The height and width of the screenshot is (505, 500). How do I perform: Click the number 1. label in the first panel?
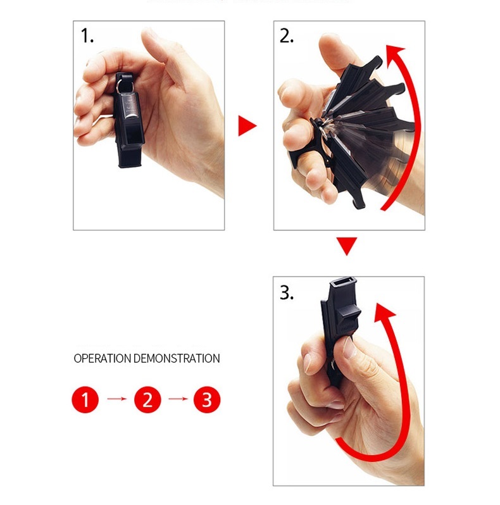pyautogui.click(x=87, y=37)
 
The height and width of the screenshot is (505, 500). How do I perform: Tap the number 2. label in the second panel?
pyautogui.click(x=287, y=37)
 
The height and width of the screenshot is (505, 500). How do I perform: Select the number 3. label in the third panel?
pyautogui.click(x=287, y=293)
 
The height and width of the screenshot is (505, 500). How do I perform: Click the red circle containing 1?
pyautogui.click(x=85, y=399)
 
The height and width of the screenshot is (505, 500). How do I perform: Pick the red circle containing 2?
pyautogui.click(x=147, y=399)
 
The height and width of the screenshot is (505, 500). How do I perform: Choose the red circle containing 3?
pyautogui.click(x=206, y=399)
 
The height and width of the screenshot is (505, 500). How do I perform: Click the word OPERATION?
pyautogui.click(x=103, y=359)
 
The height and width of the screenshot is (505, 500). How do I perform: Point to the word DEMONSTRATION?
pyautogui.click(x=177, y=359)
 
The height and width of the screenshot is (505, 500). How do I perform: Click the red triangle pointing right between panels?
pyautogui.click(x=246, y=126)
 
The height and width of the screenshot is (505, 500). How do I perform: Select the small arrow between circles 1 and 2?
pyautogui.click(x=116, y=399)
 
